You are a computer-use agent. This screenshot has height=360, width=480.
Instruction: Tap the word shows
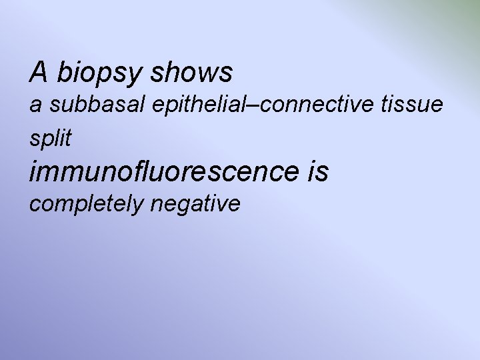click(191, 72)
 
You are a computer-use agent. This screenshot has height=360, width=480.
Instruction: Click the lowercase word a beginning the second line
click(35, 105)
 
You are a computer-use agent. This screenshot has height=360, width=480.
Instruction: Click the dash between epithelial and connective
click(235, 105)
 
